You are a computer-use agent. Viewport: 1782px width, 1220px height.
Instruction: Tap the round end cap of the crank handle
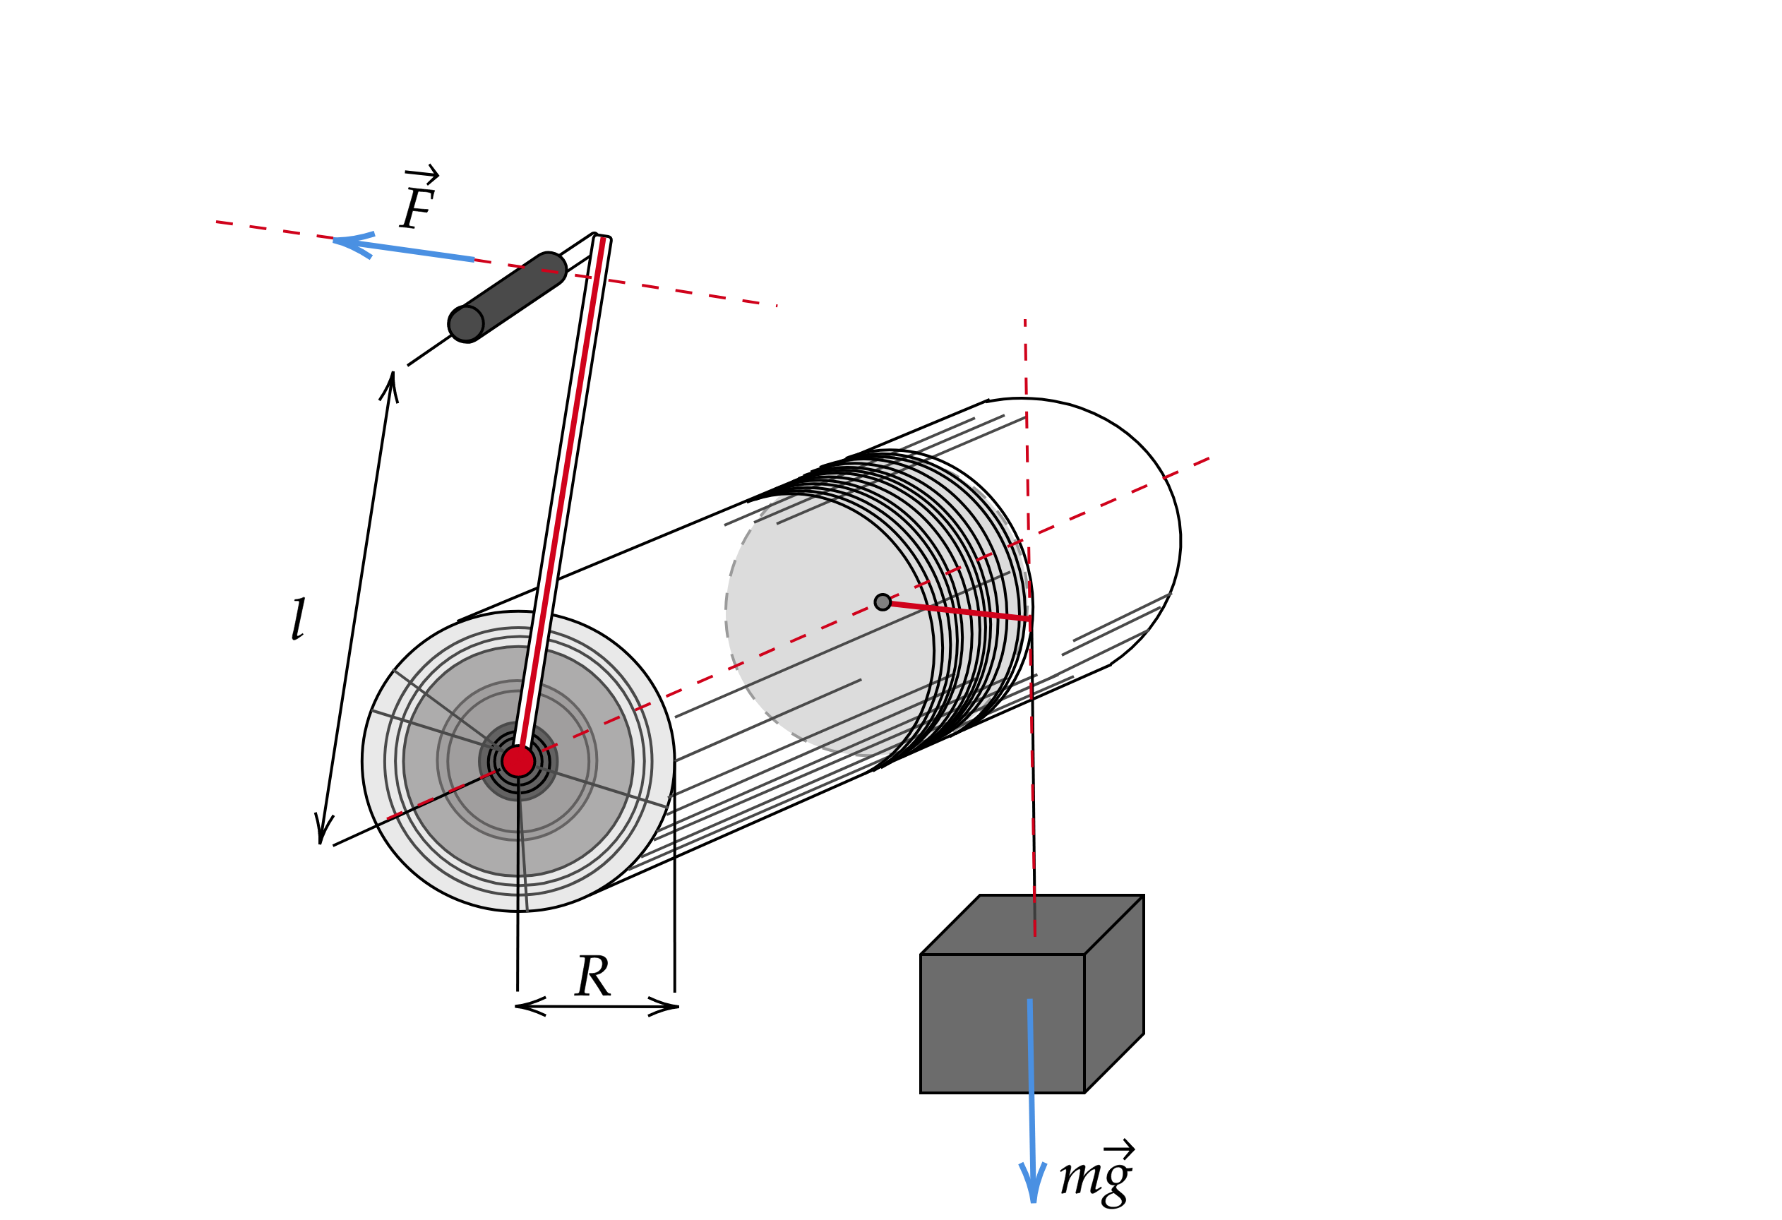(465, 323)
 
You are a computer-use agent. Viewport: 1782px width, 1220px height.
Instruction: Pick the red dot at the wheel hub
(518, 762)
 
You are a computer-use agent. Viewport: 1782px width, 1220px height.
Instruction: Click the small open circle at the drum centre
(883, 602)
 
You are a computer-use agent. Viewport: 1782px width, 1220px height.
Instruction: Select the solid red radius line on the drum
(959, 611)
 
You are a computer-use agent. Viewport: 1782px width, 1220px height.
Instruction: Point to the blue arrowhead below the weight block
(1033, 1181)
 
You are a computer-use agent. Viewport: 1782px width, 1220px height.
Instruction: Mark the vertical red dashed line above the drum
(1026, 383)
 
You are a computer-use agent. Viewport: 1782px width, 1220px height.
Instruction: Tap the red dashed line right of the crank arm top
(690, 293)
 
